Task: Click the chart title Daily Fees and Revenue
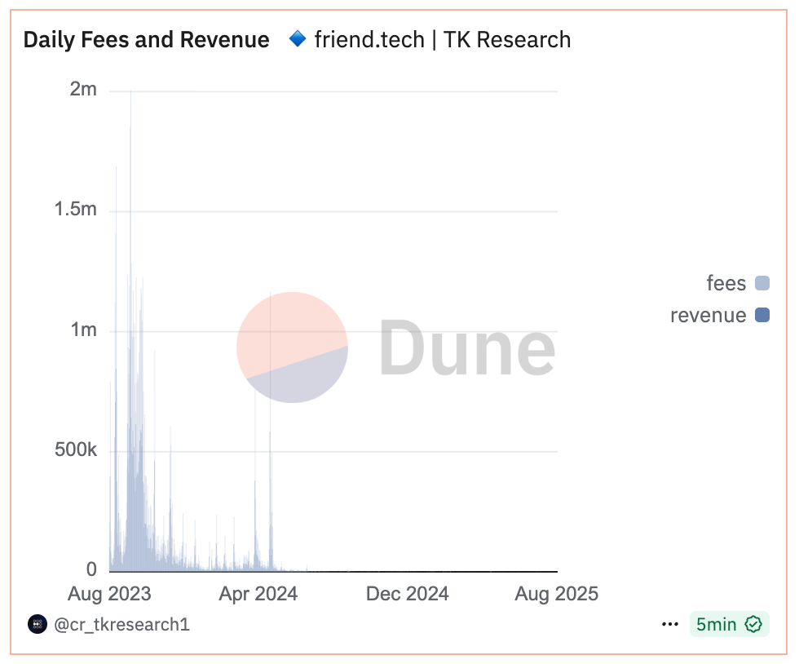[147, 39]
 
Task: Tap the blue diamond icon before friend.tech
[298, 38]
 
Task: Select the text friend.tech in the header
[369, 39]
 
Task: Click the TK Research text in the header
[507, 39]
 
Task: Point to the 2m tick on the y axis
[83, 89]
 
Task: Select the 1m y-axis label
[83, 330]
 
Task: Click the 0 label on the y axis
[91, 569]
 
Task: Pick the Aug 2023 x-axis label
[109, 594]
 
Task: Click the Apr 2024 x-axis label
[258, 594]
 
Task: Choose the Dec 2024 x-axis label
[408, 594]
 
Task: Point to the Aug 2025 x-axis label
[556, 594]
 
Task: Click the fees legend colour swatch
[762, 283]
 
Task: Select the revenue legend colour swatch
[762, 315]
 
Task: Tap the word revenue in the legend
[708, 315]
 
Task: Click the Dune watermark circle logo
[292, 347]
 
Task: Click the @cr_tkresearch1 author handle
[121, 625]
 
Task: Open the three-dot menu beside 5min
[670, 625]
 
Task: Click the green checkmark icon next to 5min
[753, 625]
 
